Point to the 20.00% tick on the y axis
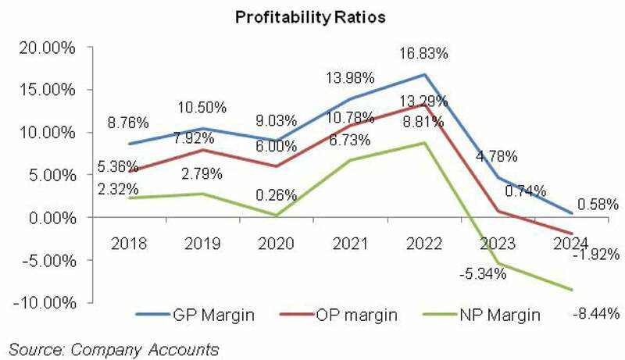pyautogui.click(x=47, y=48)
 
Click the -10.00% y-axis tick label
pyautogui.click(x=45, y=303)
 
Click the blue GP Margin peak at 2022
pyautogui.click(x=425, y=75)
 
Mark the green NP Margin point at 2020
pyautogui.click(x=277, y=216)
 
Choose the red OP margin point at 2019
pyautogui.click(x=203, y=150)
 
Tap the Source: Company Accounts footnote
pyautogui.click(x=113, y=348)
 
